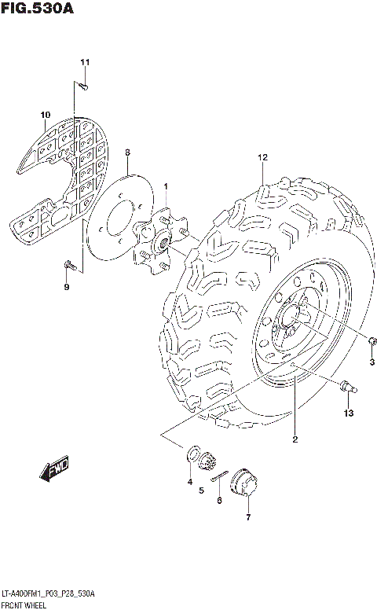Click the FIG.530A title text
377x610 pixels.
pyautogui.click(x=40, y=9)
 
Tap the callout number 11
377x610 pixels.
pyautogui.click(x=85, y=63)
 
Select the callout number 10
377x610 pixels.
pyautogui.click(x=45, y=119)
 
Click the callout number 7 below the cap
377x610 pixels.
pyautogui.click(x=247, y=518)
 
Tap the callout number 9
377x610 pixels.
pyautogui.click(x=67, y=287)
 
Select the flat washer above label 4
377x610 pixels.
pyautogui.click(x=191, y=453)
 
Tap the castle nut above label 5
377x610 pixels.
pyautogui.click(x=208, y=461)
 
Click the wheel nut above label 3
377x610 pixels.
pyautogui.click(x=372, y=340)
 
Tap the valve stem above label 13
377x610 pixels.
pyautogui.click(x=348, y=386)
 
